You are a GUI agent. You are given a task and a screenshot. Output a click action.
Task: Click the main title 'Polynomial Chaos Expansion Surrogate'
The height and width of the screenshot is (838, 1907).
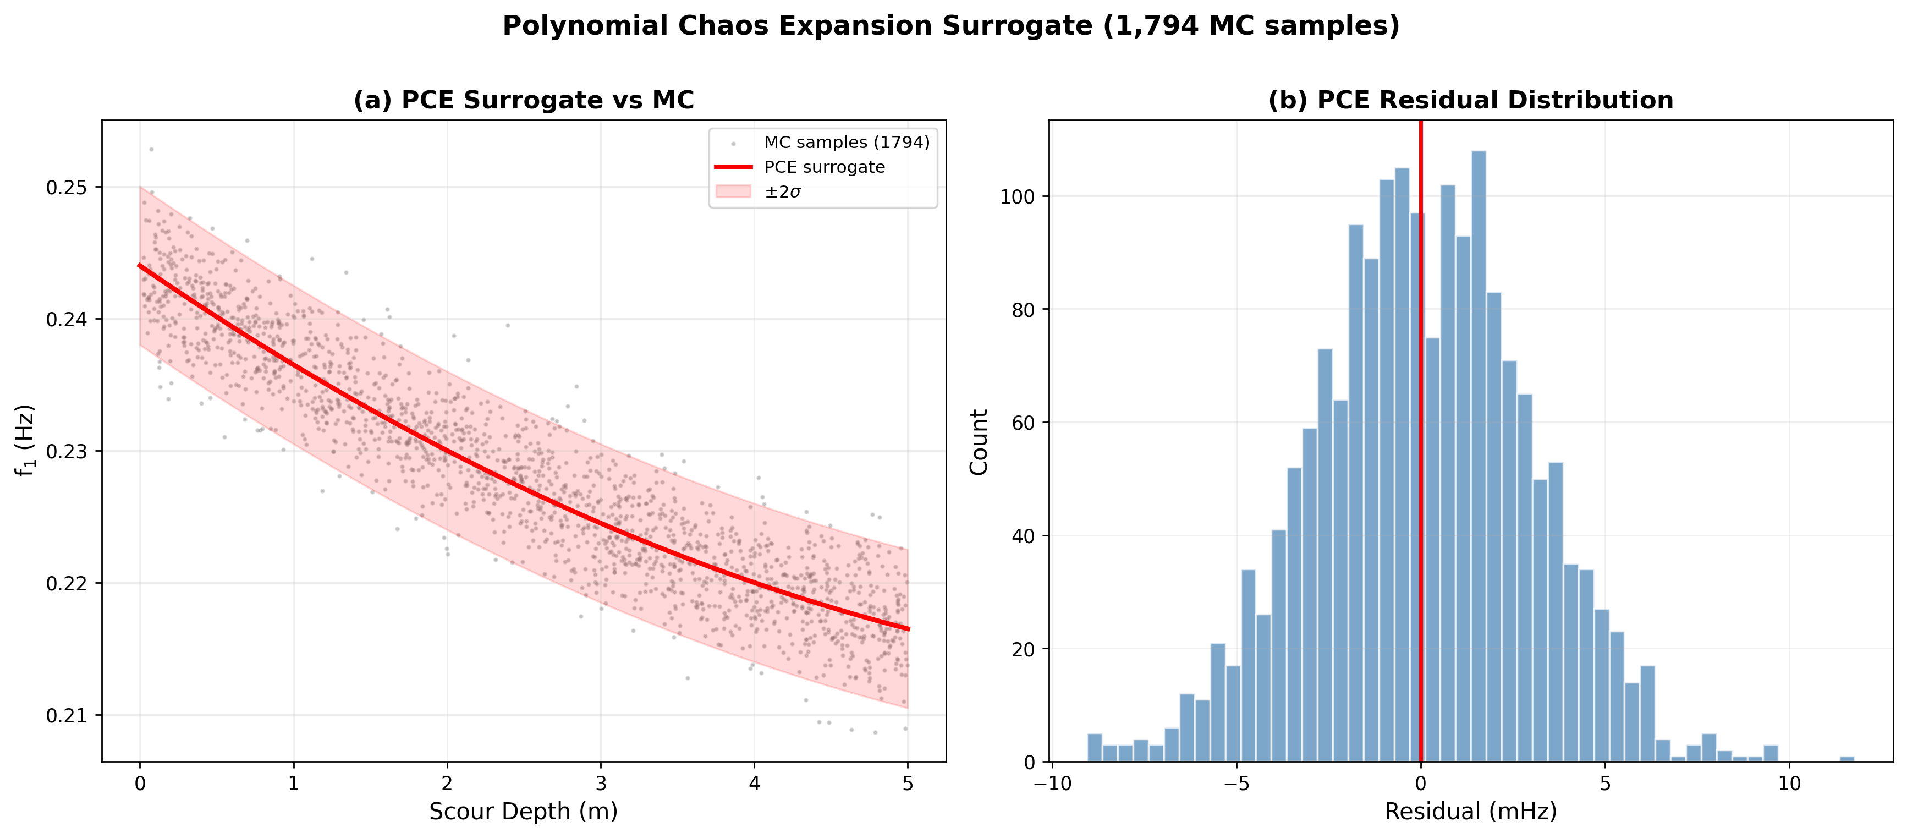(x=950, y=26)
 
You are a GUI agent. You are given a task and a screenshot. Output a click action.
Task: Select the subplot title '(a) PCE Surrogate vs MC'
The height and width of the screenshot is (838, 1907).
(x=524, y=100)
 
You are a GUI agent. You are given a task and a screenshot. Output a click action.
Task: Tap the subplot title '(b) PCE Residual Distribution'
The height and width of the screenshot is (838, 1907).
(x=1470, y=100)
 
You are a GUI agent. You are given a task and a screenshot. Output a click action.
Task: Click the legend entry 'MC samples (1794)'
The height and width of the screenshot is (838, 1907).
(x=846, y=142)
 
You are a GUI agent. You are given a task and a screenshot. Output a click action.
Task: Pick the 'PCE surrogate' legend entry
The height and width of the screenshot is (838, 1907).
(x=824, y=167)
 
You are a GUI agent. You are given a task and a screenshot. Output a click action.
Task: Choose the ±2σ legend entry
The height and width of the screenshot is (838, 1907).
(x=783, y=193)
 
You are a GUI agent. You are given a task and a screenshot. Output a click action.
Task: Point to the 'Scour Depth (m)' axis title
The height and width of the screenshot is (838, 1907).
(x=524, y=812)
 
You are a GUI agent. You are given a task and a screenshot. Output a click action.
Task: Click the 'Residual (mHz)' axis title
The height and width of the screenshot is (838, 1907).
(x=1470, y=812)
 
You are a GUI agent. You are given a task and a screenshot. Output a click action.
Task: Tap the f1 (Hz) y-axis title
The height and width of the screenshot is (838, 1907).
(x=26, y=441)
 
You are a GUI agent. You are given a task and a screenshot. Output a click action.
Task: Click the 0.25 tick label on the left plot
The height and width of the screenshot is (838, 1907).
(x=67, y=188)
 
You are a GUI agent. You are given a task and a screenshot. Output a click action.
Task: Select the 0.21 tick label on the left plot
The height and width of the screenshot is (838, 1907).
(x=67, y=716)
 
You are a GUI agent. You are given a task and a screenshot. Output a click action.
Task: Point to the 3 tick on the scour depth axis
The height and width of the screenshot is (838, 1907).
(x=601, y=783)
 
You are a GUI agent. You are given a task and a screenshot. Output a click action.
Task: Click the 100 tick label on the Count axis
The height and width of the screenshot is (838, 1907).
(x=1014, y=197)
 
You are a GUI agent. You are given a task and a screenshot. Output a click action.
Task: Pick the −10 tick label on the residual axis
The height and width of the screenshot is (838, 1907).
(x=1051, y=783)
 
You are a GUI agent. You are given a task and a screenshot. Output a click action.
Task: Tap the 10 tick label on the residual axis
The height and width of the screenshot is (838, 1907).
(x=1789, y=783)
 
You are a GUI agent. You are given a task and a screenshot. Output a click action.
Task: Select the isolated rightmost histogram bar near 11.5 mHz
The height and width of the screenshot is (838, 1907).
(x=1848, y=759)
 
